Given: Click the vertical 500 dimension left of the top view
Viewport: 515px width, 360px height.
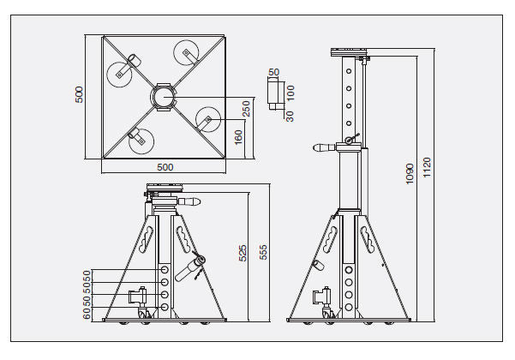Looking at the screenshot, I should (79, 94).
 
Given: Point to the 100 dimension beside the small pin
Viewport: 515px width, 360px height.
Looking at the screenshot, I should (291, 91).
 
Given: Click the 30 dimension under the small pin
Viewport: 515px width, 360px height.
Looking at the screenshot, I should (290, 116).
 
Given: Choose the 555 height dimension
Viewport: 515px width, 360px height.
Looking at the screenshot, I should (264, 252).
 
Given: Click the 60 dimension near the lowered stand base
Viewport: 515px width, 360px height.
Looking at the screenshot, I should (87, 315).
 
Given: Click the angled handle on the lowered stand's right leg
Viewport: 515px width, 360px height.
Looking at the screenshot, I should (188, 269).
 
